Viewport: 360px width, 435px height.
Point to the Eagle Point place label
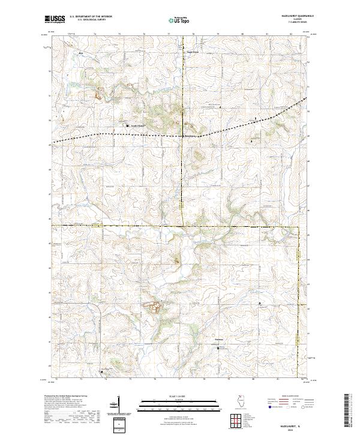[x=190, y=52]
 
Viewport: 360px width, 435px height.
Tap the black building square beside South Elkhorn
[x=127, y=125]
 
